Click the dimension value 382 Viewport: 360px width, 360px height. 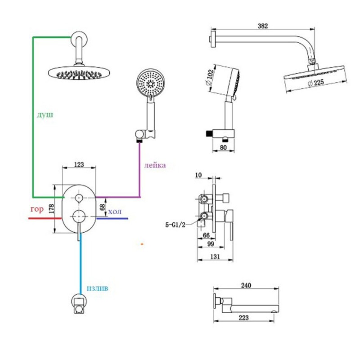point(263,26)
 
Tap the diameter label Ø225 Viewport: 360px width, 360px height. point(316,82)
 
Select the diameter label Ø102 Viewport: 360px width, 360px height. point(210,77)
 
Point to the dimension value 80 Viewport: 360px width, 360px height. point(223,148)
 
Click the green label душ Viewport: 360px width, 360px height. point(45,115)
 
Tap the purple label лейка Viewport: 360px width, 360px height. point(155,165)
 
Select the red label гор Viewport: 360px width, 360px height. point(37,209)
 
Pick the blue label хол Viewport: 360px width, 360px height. point(115,211)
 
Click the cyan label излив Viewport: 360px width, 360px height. point(97,288)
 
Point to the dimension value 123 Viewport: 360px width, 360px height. point(79,164)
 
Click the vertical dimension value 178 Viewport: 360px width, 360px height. point(51,209)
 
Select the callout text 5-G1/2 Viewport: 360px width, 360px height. point(175,225)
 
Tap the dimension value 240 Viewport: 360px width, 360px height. point(246,285)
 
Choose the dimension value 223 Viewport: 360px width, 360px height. point(243,318)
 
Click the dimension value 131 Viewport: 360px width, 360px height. point(215,256)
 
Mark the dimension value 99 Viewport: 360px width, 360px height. point(211,244)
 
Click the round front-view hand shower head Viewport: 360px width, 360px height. point(150,82)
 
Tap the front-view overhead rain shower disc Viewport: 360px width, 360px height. point(79,73)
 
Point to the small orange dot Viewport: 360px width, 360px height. point(142,244)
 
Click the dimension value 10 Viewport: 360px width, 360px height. point(198,175)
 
